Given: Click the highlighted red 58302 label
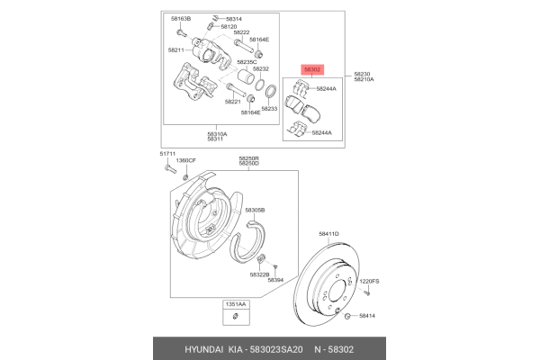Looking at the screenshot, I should click(311, 68).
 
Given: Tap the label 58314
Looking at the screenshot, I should click(233, 18).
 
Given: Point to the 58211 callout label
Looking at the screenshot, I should click(176, 50).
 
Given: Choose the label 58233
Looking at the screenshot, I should click(269, 108).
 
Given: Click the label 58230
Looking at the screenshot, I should click(362, 74).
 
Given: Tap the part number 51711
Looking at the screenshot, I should click(167, 155).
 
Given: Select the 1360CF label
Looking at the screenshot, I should click(186, 161).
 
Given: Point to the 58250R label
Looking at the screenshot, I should click(248, 157).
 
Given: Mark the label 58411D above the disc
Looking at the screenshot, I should click(328, 234).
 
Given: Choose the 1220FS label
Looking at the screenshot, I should click(370, 282).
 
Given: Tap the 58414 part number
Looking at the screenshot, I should click(367, 316).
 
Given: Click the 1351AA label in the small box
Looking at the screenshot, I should click(233, 306).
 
